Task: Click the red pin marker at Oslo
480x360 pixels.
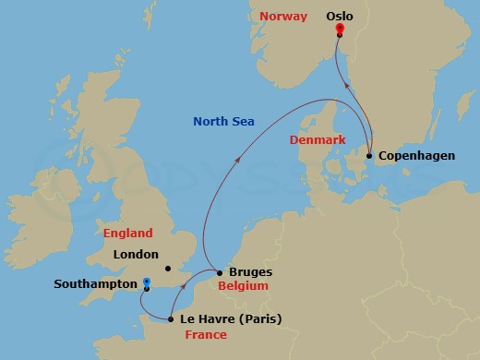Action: click(x=340, y=29)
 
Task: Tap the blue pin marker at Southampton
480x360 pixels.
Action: click(x=146, y=282)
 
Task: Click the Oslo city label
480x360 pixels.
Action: click(x=340, y=15)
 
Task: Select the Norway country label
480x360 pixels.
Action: click(x=283, y=16)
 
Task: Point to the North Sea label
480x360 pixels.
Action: click(x=222, y=119)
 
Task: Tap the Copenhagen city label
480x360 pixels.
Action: click(x=416, y=156)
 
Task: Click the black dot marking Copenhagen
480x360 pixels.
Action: click(x=369, y=156)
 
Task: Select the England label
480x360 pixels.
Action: click(x=127, y=234)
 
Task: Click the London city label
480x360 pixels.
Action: click(x=135, y=254)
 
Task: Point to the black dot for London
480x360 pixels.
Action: click(x=167, y=269)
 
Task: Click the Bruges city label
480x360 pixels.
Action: click(x=249, y=273)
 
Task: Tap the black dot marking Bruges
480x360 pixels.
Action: click(x=219, y=273)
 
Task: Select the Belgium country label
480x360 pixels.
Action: click(x=243, y=287)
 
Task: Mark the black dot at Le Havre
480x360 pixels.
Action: click(x=171, y=320)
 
